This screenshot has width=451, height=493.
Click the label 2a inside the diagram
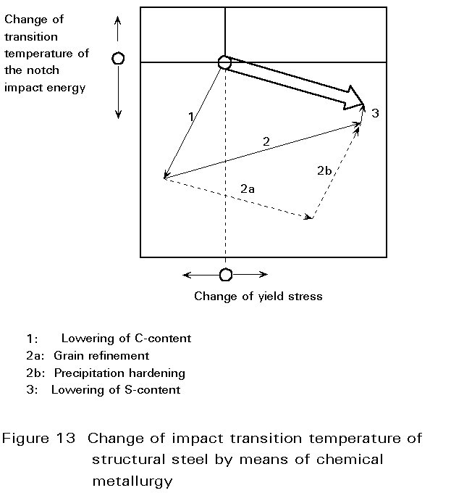pos(248,189)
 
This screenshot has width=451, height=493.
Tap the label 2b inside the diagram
pos(324,170)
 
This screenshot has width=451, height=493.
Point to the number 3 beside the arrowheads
pos(376,113)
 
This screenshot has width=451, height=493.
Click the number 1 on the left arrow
pos(191,117)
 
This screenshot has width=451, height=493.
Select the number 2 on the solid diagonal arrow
pos(266,141)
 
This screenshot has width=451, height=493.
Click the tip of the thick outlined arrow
pos(364,104)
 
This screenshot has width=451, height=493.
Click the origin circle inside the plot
pos(224,62)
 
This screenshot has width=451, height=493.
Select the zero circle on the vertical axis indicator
pos(118,59)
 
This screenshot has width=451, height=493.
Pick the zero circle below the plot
pos(226,275)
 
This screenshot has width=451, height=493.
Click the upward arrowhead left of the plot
pos(118,20)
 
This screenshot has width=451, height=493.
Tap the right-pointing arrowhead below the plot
pos(264,275)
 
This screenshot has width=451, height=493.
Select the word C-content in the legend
pos(163,339)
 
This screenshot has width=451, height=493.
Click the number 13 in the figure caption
pos(66,439)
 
